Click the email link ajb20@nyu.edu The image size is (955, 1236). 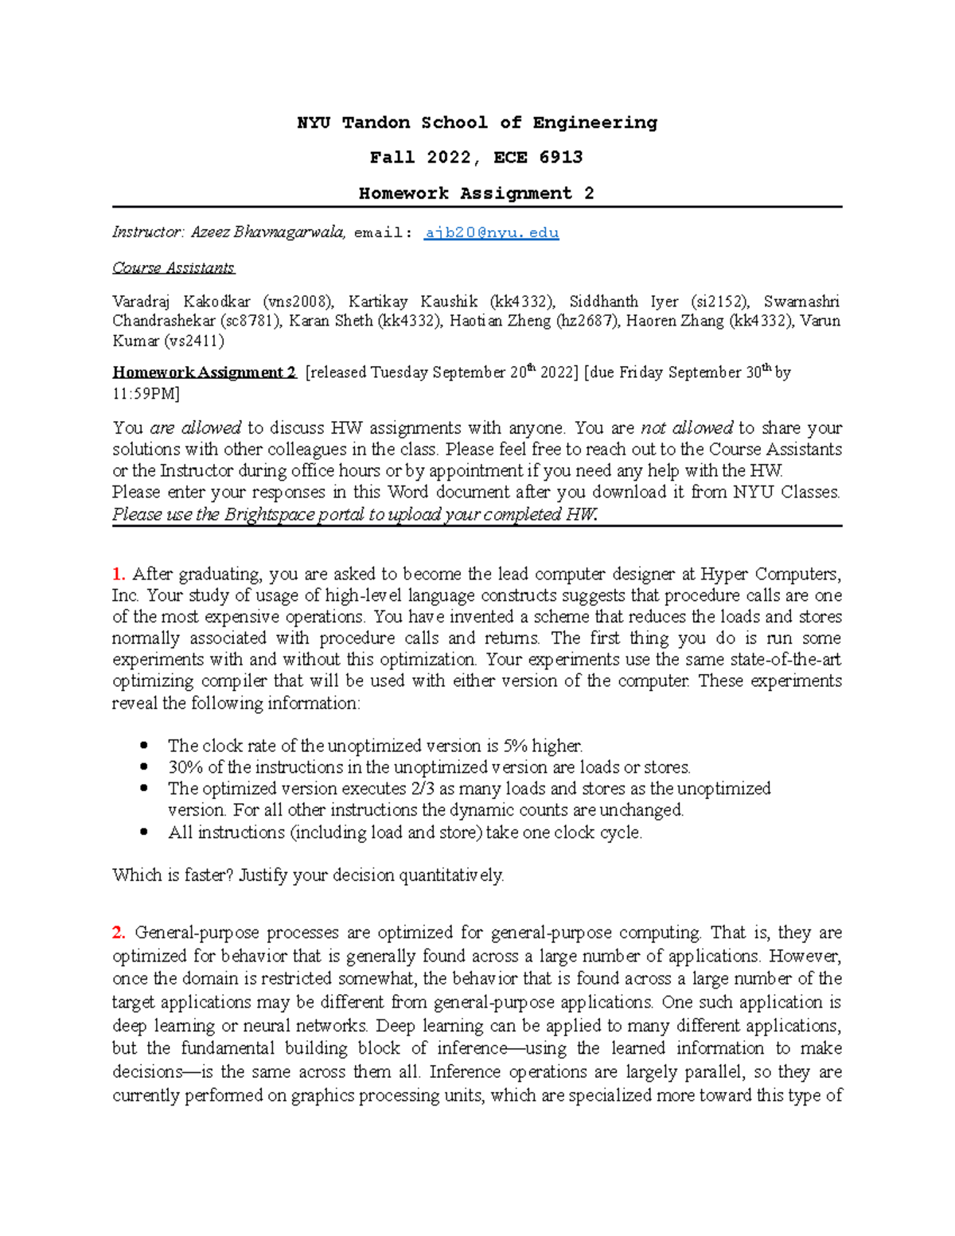pos(491,233)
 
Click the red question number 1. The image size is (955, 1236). pos(119,574)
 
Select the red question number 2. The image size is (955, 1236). pos(119,933)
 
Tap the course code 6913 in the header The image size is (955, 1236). pos(561,158)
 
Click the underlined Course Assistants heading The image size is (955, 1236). pos(173,268)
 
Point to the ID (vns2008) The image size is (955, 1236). pos(298,302)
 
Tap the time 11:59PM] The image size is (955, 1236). pos(146,394)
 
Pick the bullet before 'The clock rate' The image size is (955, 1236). pos(144,746)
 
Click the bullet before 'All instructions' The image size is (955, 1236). pos(144,832)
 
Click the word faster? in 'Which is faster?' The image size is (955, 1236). pos(209,875)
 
